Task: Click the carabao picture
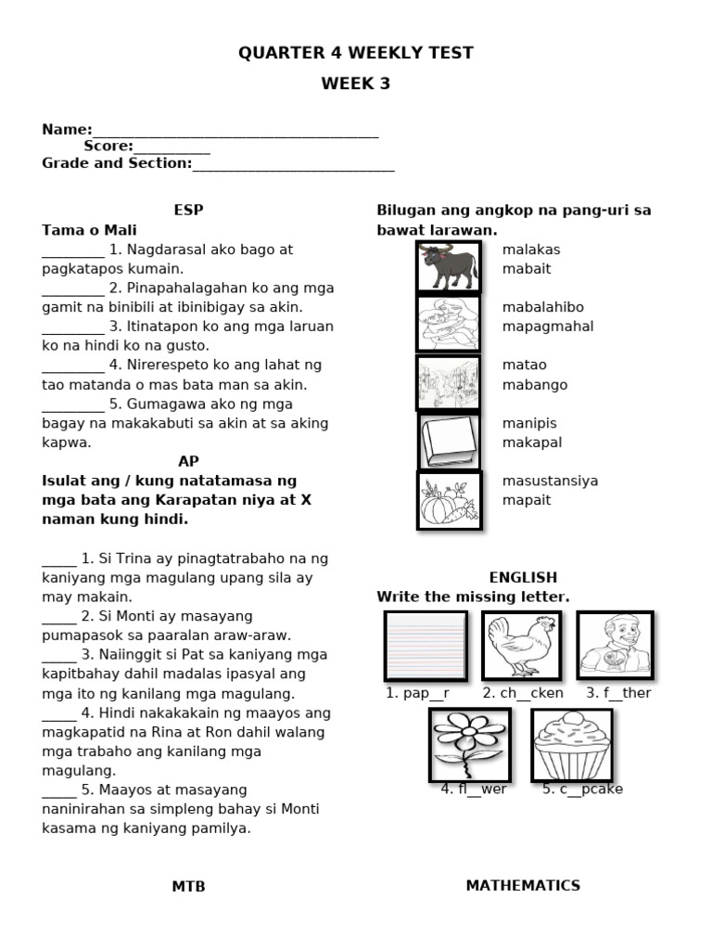pos(449,267)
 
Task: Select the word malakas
pos(531,250)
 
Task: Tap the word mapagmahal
pos(548,327)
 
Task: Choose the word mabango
pos(535,385)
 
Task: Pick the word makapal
pos(532,443)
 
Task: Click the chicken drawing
pos(522,646)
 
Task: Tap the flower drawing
pos(469,745)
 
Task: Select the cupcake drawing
pos(572,745)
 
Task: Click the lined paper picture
pos(426,646)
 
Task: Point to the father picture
pos(616,646)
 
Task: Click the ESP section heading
pos(188,211)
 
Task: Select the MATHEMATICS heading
pos(523,885)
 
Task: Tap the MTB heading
pos(188,887)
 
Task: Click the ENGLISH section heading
pos(523,577)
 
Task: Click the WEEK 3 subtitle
pos(356,83)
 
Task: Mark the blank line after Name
pos(235,132)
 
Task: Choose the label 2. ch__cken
pos(522,693)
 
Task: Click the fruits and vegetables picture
pos(450,501)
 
